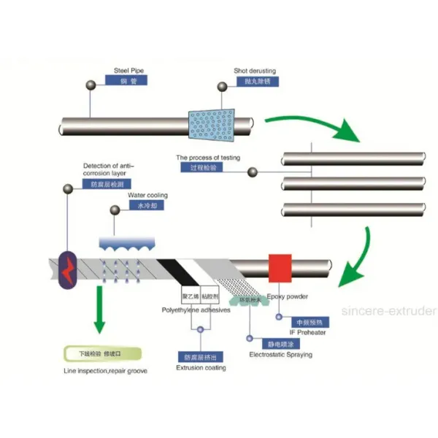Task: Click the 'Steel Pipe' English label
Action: (x=127, y=71)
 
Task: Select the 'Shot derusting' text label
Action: (x=255, y=71)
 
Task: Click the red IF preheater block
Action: (x=281, y=266)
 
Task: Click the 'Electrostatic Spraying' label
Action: (x=280, y=355)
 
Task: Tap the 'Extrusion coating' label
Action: (x=201, y=367)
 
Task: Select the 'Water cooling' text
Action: (x=147, y=196)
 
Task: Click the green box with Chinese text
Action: (x=99, y=354)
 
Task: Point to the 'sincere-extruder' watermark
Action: (x=389, y=311)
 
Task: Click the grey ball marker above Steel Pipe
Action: (x=91, y=86)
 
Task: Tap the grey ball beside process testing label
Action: (x=253, y=172)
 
